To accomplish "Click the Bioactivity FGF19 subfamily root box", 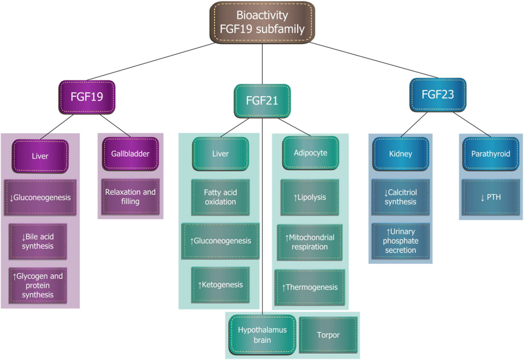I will (x=263, y=22).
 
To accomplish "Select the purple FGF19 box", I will (x=87, y=97).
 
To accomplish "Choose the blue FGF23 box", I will (x=438, y=95).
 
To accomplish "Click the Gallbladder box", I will (x=130, y=154).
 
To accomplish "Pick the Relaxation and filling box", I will (x=130, y=196).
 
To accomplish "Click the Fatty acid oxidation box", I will (x=220, y=196).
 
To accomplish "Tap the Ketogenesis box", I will (x=220, y=285).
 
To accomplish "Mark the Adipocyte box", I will (x=310, y=153).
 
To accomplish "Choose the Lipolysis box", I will (x=310, y=198).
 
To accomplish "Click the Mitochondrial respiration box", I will (x=310, y=242).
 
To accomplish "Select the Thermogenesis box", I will (x=310, y=287).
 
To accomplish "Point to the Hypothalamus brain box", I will (x=263, y=335).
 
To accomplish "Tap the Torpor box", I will (x=328, y=335).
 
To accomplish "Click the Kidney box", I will (x=400, y=154).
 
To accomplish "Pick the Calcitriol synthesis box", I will (x=400, y=196).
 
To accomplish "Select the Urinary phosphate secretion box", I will (x=400, y=241).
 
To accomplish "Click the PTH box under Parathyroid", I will (x=490, y=198).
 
